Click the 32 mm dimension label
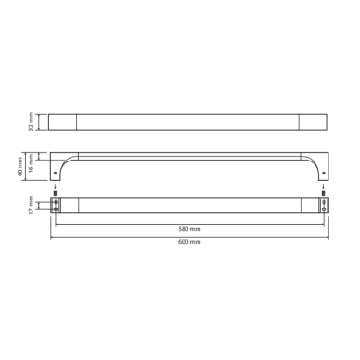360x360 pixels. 32,122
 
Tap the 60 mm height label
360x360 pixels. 20,166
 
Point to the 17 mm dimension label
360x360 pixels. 31,206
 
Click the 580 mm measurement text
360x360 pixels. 189,229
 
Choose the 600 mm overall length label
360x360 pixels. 189,242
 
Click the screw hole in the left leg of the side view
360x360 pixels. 56,174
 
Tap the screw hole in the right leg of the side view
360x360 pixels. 324,174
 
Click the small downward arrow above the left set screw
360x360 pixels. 55,187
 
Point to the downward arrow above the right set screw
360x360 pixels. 324,187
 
